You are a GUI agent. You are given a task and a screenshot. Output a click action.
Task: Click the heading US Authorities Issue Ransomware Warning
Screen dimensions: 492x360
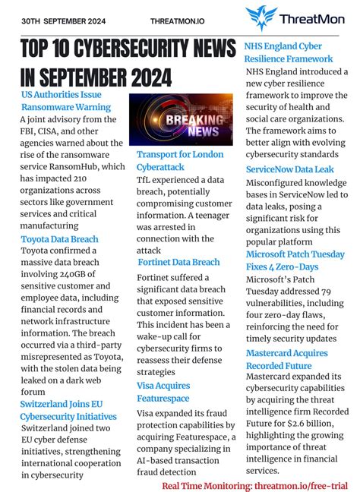pos(66,100)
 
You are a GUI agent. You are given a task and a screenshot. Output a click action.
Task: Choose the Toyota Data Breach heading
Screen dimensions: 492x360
pos(59,239)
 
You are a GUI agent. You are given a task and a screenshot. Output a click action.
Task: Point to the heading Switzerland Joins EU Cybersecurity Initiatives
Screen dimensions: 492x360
pos(68,410)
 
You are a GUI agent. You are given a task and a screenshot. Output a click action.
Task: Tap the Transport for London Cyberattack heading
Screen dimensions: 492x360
pos(180,160)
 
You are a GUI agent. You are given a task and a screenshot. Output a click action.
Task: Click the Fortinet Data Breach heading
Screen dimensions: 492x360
pos(179,262)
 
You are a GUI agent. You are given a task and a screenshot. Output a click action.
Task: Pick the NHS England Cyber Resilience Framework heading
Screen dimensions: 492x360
pos(289,52)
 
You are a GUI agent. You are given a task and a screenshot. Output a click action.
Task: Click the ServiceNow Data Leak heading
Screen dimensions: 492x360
pos(289,169)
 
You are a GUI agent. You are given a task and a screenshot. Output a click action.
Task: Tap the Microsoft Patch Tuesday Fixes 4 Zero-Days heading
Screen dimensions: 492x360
pos(295,260)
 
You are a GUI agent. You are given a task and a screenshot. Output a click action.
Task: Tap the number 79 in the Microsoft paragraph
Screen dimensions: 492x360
pos(333,292)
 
